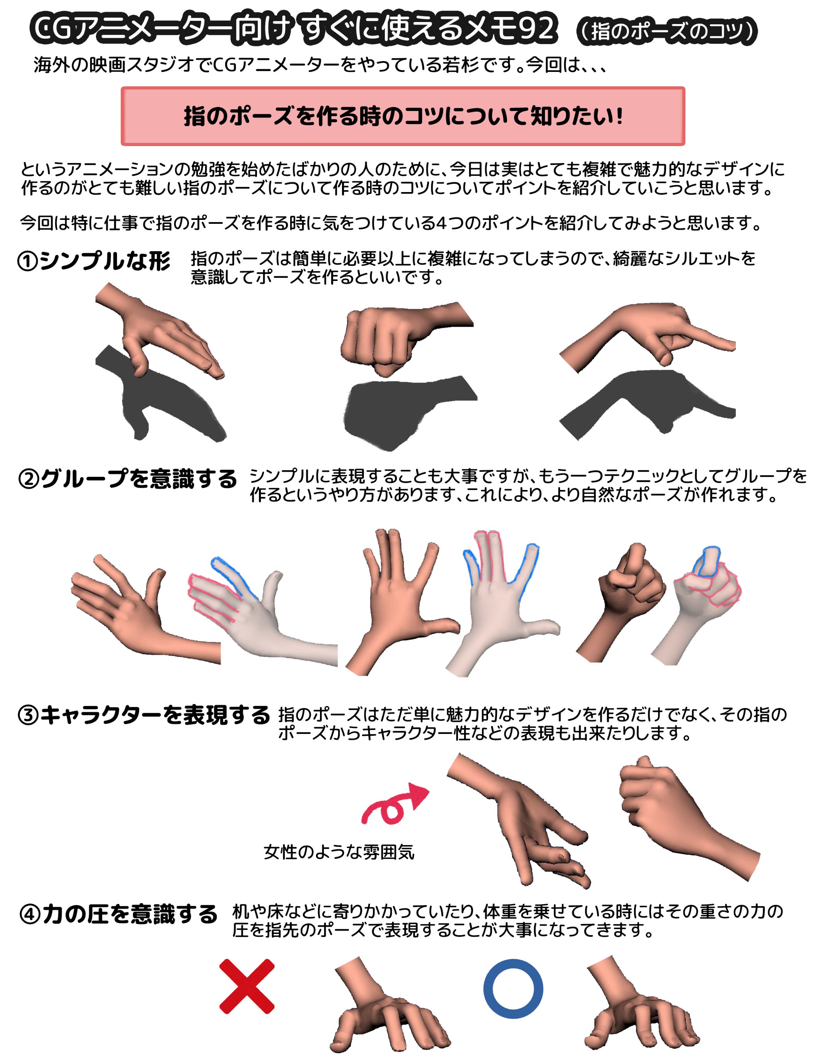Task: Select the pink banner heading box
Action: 403,116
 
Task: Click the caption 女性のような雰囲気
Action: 339,852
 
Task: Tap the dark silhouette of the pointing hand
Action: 647,403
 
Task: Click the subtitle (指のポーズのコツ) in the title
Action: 667,31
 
